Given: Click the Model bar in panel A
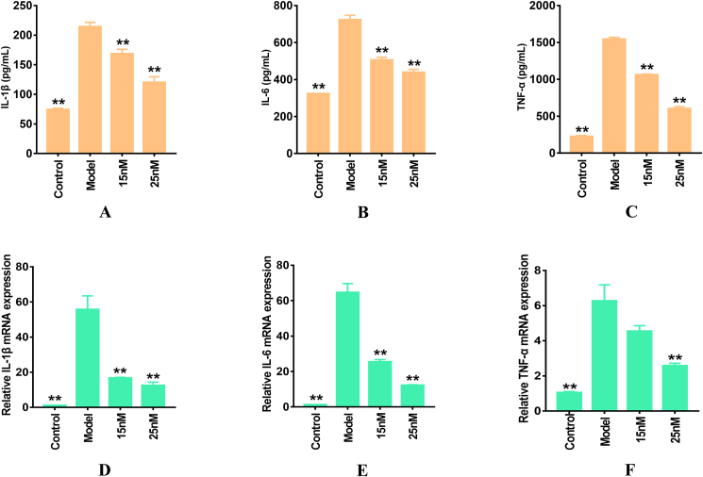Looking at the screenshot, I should tap(90, 89).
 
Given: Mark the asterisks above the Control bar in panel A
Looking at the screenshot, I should tap(59, 102).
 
